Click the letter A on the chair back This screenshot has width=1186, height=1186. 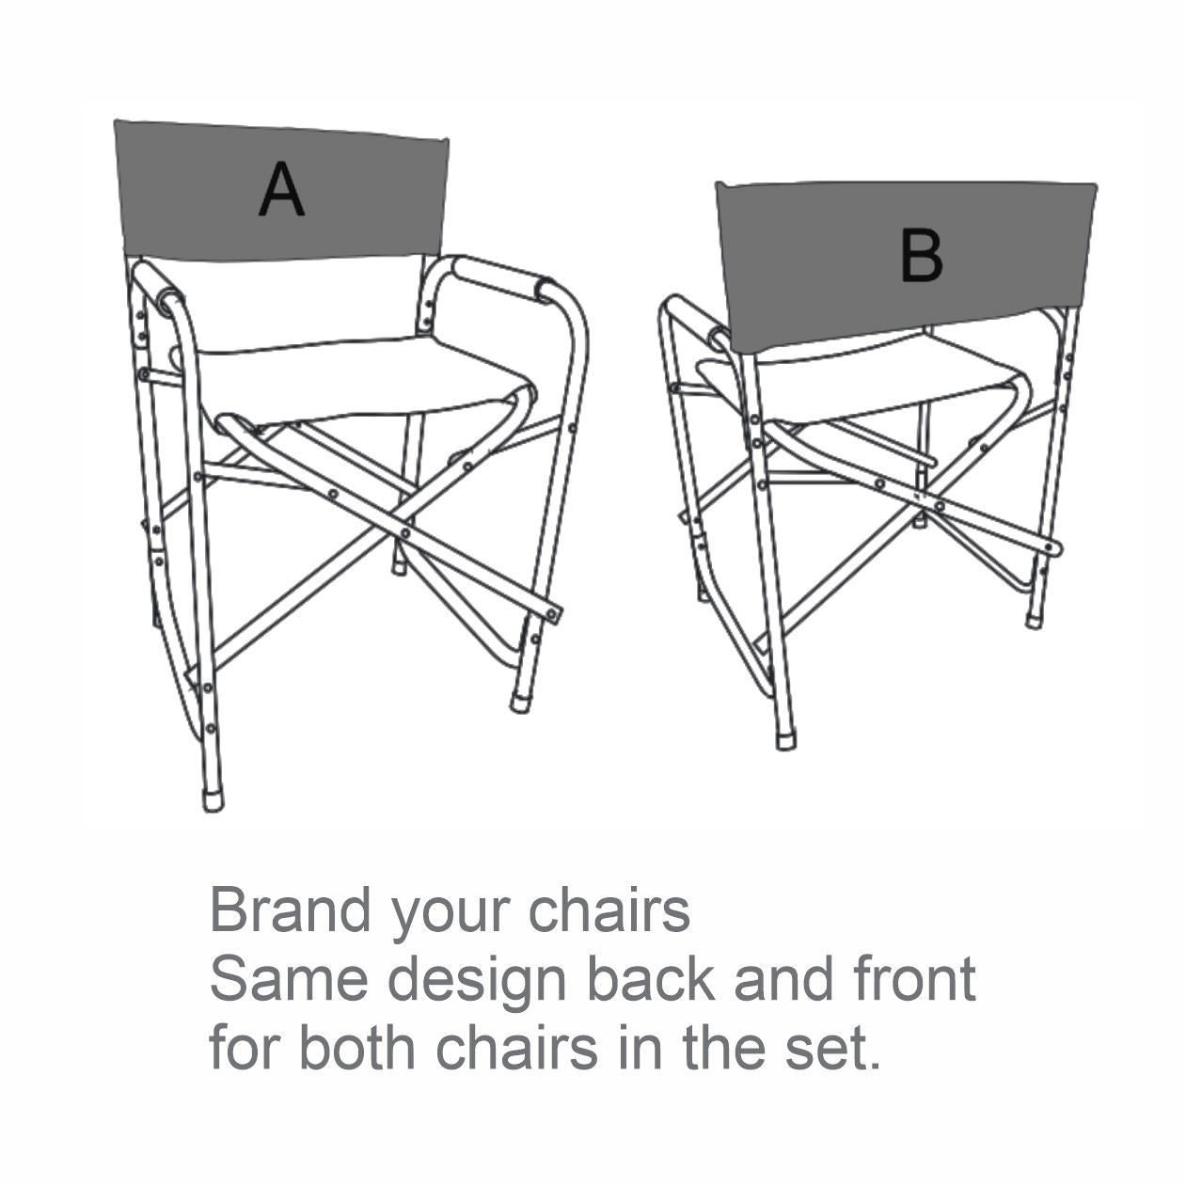[x=280, y=190]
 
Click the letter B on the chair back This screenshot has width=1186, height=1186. [x=922, y=256]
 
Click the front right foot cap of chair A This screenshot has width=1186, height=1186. [x=520, y=704]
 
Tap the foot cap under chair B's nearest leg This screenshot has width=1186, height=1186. [x=784, y=740]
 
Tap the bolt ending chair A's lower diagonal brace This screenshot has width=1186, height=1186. [x=553, y=613]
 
